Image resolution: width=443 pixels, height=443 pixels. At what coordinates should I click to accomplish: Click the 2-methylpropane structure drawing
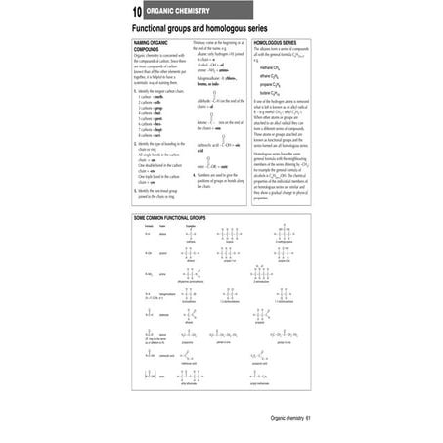285,235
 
